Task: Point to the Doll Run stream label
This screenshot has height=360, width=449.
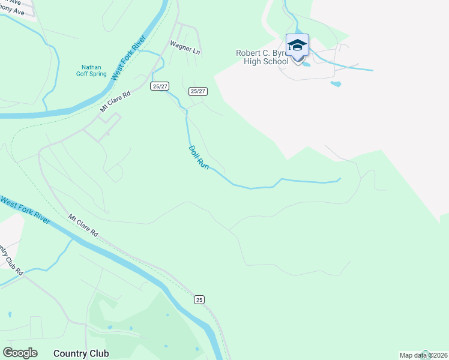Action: pyautogui.click(x=199, y=157)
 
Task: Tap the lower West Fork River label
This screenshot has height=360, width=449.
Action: pyautogui.click(x=25, y=210)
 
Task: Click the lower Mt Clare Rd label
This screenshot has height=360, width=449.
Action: pyautogui.click(x=83, y=225)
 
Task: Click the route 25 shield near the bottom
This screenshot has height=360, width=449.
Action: pyautogui.click(x=199, y=299)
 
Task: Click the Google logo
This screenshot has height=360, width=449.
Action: pyautogui.click(x=20, y=353)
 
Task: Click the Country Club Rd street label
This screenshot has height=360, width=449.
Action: pyautogui.click(x=11, y=258)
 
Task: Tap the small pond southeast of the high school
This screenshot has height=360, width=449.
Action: pyautogui.click(x=336, y=83)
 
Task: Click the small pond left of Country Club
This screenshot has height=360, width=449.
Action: pyautogui.click(x=10, y=314)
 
